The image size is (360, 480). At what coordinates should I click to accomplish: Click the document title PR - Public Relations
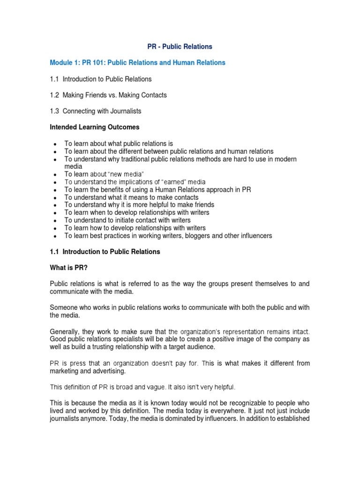point(180,46)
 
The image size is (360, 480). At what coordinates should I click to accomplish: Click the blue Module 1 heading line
point(137,62)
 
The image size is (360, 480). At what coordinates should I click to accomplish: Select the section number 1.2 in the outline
point(54,95)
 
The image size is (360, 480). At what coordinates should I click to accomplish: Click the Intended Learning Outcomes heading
point(94,127)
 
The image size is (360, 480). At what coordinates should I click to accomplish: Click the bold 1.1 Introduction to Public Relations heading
point(105,252)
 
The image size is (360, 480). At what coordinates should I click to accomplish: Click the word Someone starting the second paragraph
point(64,307)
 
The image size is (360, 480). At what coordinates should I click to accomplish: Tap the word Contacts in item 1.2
point(153,95)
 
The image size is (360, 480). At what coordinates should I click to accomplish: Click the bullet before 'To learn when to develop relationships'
point(55,213)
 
